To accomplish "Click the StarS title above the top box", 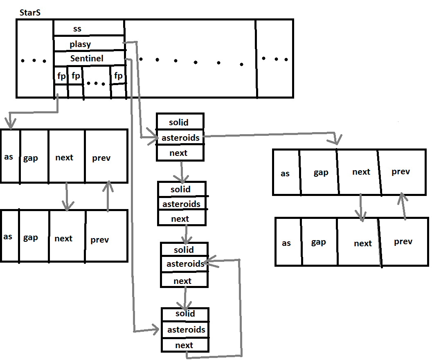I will point(30,13).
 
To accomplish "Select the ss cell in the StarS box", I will point(77,29).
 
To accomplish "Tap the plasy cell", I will point(80,44).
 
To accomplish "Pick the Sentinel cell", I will point(87,59).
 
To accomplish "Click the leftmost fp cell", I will point(61,76).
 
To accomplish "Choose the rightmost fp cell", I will point(118,76).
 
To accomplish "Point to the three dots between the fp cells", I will point(96,83).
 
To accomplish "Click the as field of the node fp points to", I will point(9,157).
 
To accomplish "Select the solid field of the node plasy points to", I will point(179,122).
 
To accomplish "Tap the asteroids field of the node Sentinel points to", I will point(186,329).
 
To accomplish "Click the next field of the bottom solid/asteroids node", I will point(184,345).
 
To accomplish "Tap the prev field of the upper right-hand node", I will point(401,172).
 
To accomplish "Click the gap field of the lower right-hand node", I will point(318,242).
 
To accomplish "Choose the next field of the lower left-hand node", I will point(63,239).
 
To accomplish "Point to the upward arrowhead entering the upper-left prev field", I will point(108,186).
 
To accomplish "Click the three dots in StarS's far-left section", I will point(34,61).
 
